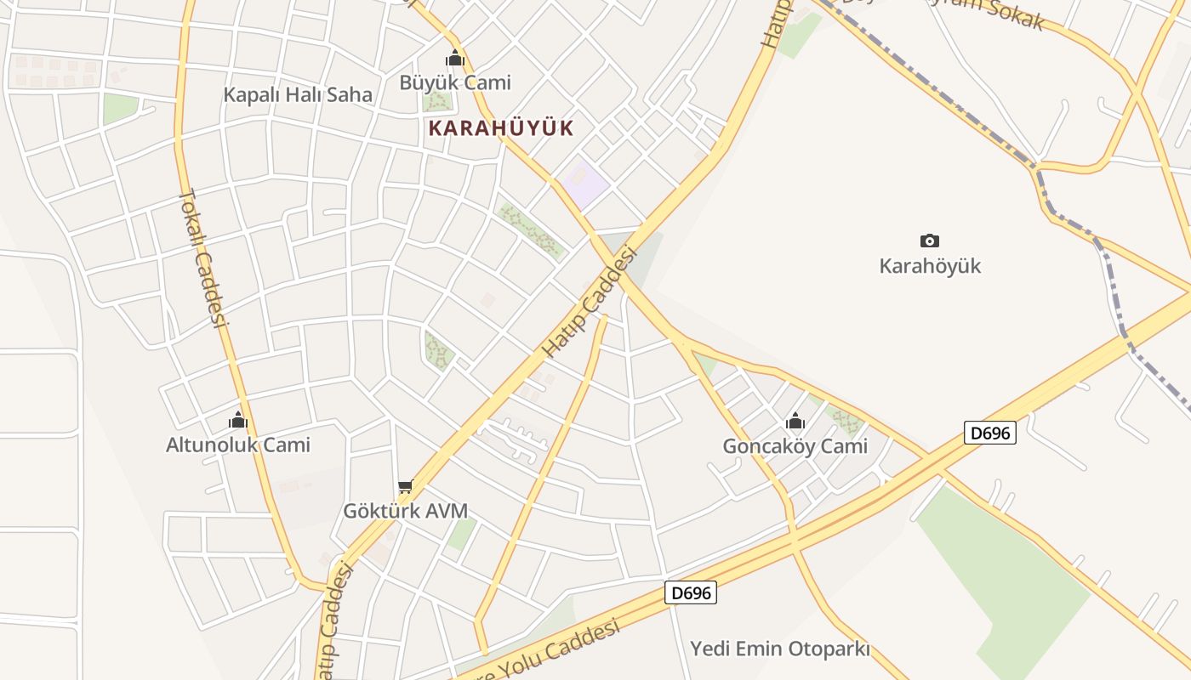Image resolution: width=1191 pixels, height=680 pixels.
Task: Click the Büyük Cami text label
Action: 455,82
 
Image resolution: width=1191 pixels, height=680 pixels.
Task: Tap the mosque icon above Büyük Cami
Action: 455,59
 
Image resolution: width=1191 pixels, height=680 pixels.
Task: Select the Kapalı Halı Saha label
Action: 298,94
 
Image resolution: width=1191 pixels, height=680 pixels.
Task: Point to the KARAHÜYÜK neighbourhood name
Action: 501,128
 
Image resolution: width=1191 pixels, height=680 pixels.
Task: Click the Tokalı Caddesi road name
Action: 204,258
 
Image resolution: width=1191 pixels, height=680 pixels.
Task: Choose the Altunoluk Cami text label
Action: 238,445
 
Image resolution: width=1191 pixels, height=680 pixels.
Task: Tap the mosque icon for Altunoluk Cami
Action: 237,420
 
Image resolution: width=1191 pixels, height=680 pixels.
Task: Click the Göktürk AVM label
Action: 405,511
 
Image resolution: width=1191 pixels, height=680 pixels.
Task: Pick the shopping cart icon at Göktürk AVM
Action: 405,487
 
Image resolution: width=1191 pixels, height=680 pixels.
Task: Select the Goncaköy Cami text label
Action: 795,446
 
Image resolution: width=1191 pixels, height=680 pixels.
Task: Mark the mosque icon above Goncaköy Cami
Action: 795,421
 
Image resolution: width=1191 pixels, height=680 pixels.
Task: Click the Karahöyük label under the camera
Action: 930,266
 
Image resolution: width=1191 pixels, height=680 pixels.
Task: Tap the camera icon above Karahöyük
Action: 930,241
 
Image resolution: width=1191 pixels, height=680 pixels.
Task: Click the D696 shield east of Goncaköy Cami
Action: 991,433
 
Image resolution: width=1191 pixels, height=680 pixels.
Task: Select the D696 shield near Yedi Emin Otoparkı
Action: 690,592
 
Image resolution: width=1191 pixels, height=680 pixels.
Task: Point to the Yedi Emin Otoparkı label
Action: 779,649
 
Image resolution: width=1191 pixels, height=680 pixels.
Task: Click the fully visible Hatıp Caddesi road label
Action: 590,302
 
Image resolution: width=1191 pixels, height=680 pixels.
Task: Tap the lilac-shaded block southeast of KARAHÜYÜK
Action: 584,182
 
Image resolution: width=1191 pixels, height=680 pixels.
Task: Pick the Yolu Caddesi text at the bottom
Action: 561,648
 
